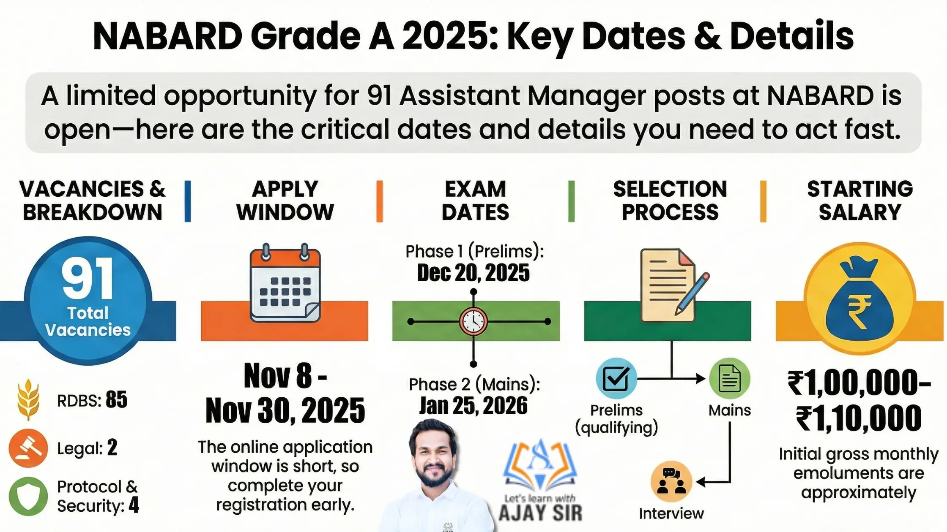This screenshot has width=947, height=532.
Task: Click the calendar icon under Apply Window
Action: (x=285, y=284)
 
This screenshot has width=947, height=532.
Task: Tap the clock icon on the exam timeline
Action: (x=473, y=321)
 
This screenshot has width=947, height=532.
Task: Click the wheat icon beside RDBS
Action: (x=28, y=399)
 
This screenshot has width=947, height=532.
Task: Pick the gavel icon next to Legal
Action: (x=28, y=448)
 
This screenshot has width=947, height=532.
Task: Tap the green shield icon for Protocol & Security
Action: (x=28, y=497)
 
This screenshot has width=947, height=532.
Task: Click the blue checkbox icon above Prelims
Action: (x=616, y=378)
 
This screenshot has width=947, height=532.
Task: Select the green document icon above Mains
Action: (x=729, y=378)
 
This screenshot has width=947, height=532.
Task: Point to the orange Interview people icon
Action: (x=671, y=481)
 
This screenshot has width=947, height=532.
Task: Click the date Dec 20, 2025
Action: (x=473, y=273)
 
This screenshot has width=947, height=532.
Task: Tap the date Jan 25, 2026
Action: (x=473, y=406)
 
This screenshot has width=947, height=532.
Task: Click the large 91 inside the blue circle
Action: (x=88, y=279)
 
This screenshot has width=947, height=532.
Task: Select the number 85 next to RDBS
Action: (x=116, y=399)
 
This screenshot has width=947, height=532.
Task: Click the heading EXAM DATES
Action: (x=475, y=201)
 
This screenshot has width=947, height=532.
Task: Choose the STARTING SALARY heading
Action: (x=860, y=201)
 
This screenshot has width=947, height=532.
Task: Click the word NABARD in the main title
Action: (x=167, y=36)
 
